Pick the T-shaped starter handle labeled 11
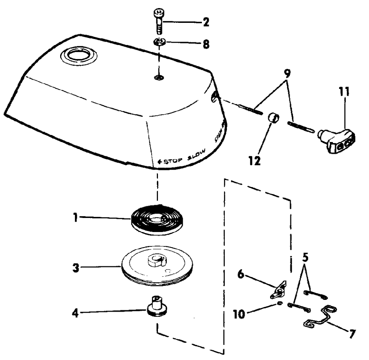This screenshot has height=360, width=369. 337,141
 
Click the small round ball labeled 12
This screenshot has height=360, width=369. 273,119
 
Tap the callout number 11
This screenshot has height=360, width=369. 345,91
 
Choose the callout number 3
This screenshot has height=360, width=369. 75,268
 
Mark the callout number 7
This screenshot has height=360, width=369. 352,334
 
